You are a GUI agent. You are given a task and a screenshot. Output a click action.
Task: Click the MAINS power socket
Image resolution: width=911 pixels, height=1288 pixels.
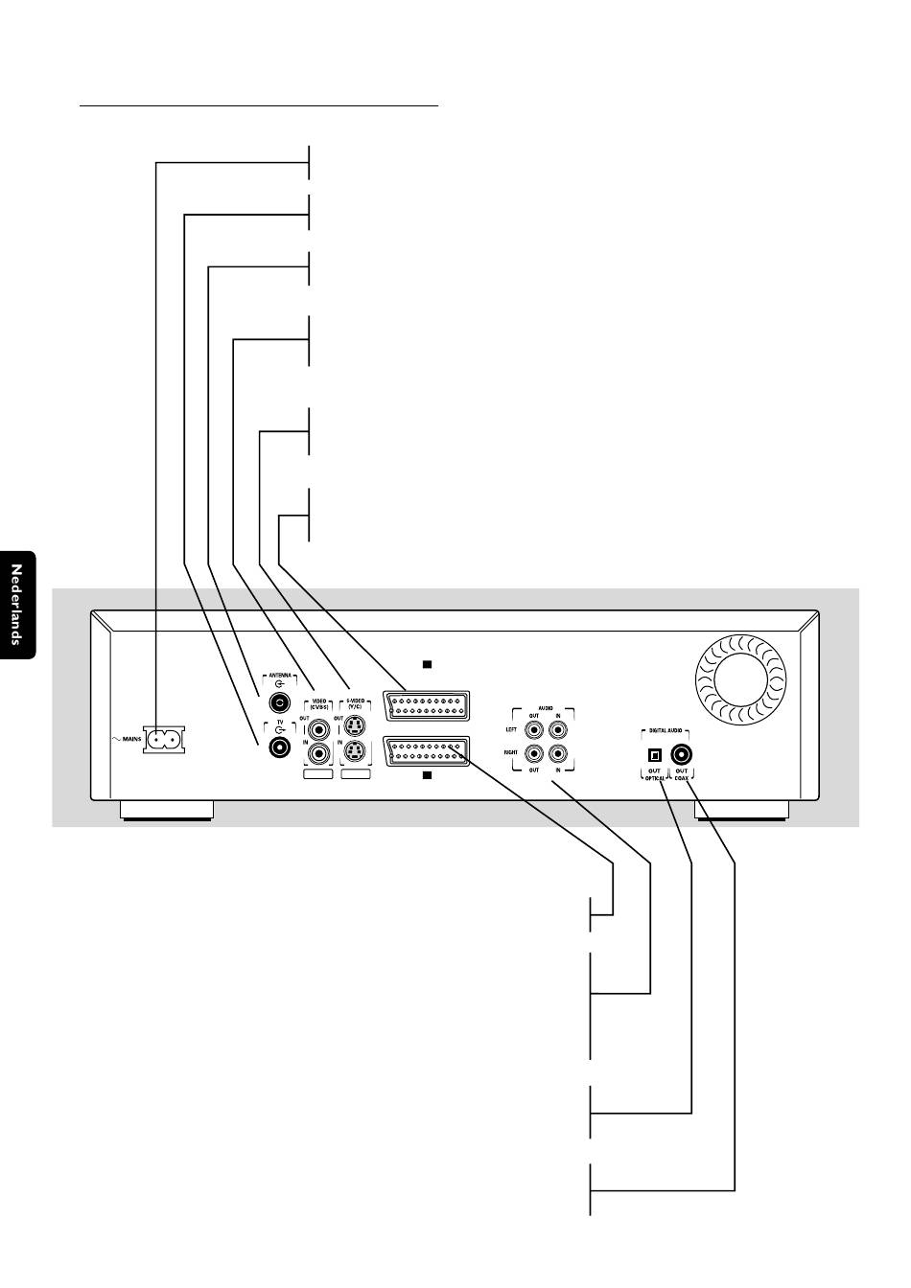point(162,740)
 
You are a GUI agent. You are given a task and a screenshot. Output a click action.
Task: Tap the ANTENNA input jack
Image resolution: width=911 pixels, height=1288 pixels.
point(280,699)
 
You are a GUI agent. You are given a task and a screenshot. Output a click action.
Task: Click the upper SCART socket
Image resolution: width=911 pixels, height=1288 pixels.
point(426,706)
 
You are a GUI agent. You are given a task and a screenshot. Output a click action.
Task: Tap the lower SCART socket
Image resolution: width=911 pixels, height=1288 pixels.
point(426,751)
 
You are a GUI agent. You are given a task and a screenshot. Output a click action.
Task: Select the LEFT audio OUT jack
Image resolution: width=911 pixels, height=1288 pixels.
point(534,728)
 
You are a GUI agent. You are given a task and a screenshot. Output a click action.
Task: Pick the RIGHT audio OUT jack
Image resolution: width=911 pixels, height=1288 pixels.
point(534,753)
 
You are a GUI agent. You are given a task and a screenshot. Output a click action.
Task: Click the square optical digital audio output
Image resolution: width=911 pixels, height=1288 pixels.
point(656,754)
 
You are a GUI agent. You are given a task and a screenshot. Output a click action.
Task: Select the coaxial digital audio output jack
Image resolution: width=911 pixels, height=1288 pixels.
point(682,753)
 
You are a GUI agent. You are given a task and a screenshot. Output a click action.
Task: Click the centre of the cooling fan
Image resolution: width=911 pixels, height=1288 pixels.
point(738,678)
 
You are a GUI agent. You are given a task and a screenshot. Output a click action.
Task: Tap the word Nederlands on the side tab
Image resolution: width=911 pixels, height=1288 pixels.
point(16,605)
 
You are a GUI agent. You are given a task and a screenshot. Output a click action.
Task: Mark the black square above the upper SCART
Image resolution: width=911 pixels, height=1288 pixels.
point(428,663)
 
